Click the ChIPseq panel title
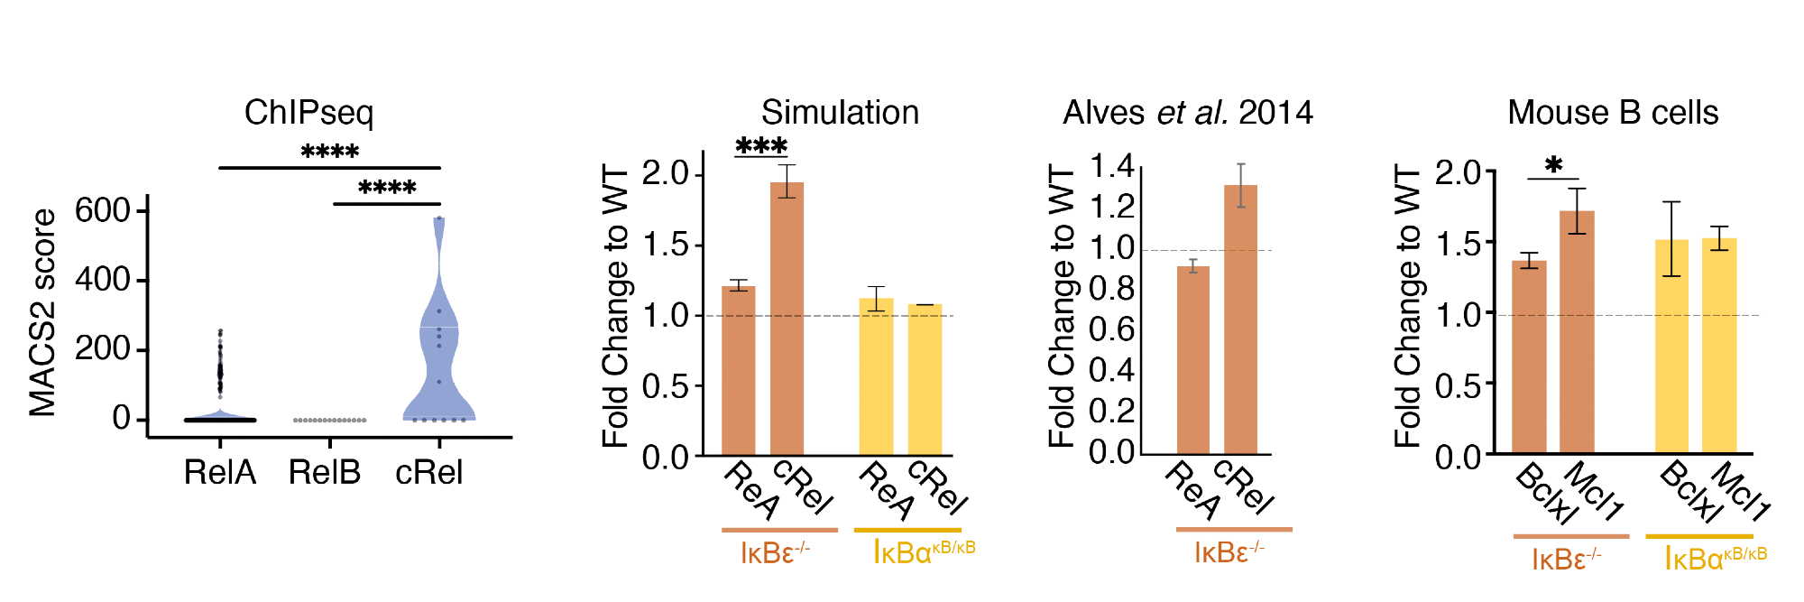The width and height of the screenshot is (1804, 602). pyautogui.click(x=308, y=113)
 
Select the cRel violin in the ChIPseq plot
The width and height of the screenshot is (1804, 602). pyautogui.click(x=438, y=361)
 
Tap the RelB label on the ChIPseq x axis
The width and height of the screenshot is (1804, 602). pyautogui.click(x=325, y=472)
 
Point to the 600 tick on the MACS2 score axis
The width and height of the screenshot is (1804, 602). pyautogui.click(x=103, y=210)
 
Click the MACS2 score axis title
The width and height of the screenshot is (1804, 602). pyautogui.click(x=42, y=313)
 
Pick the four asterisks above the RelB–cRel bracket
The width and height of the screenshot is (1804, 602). pyautogui.click(x=387, y=189)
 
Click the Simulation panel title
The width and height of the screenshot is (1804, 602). pyautogui.click(x=840, y=113)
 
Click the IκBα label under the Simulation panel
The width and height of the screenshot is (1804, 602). pyautogui.click(x=923, y=551)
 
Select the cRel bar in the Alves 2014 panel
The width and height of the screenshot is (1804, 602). pyautogui.click(x=1240, y=320)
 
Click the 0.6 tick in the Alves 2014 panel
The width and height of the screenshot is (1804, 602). pyautogui.click(x=1111, y=329)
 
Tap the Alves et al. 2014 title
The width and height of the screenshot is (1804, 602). pyautogui.click(x=1187, y=113)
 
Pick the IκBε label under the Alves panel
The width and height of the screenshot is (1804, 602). pyautogui.click(x=1229, y=551)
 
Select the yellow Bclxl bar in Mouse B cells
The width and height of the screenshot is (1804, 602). pyautogui.click(x=1671, y=347)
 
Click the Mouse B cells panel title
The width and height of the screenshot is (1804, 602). pyautogui.click(x=1613, y=113)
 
